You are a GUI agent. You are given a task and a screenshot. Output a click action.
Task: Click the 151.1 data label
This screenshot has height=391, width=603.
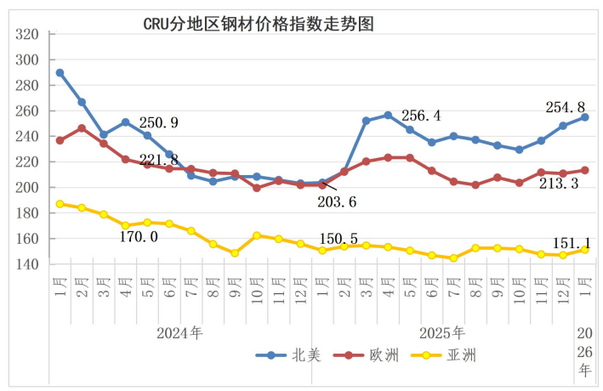566,241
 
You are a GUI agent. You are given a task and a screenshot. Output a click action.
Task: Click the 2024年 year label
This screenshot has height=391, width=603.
179,332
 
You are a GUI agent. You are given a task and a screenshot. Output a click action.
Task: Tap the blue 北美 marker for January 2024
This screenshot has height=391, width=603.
60,73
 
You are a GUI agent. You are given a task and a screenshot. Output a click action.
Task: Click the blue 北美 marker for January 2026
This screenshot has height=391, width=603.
585,117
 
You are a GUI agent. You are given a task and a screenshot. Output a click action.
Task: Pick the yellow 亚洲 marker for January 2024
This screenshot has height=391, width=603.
60,204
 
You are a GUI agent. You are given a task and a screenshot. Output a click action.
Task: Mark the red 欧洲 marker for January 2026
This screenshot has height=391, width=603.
585,170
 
